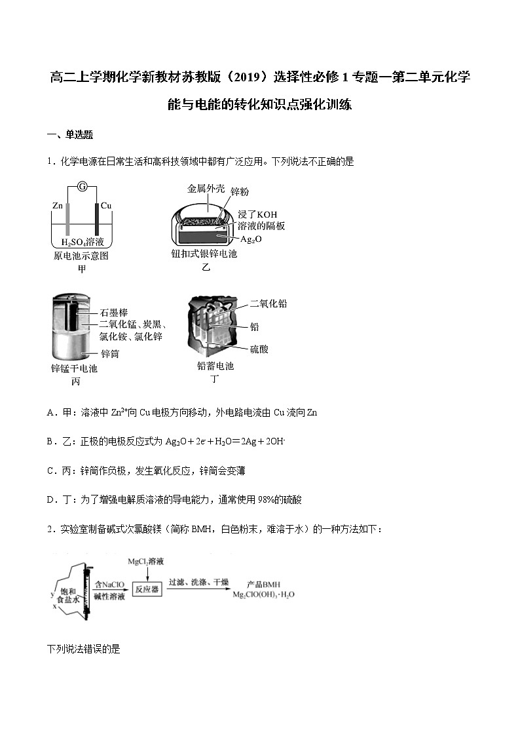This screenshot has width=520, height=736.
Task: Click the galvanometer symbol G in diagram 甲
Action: tap(83, 186)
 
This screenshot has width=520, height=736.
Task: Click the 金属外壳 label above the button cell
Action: tap(206, 189)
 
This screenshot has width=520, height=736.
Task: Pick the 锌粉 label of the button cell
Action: tap(240, 191)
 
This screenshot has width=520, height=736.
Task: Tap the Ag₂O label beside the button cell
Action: tap(251, 240)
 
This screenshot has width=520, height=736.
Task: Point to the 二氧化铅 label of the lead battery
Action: tap(269, 304)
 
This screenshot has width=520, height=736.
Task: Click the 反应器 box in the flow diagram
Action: tap(147, 589)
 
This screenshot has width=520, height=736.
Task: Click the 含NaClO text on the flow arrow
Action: tap(109, 584)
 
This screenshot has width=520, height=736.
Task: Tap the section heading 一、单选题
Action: tap(70, 135)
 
